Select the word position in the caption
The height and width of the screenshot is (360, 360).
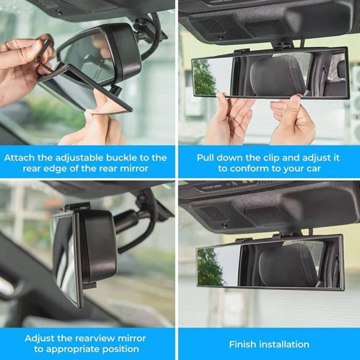point(122,349)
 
